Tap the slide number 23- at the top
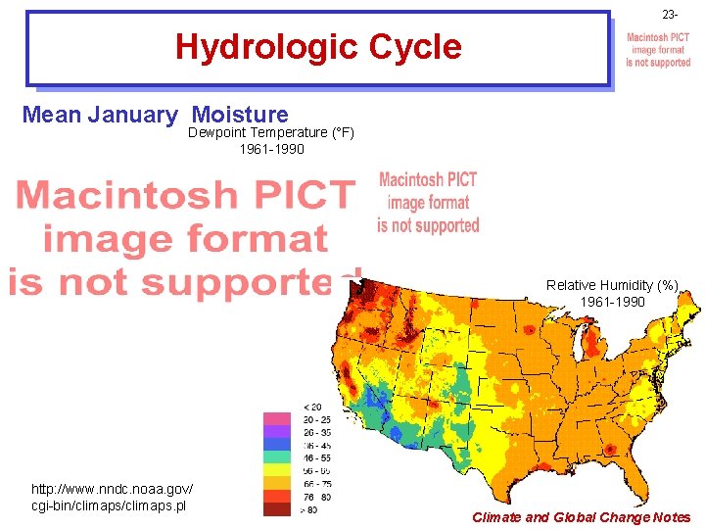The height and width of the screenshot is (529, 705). [x=670, y=15]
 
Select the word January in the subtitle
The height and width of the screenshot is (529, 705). [x=132, y=115]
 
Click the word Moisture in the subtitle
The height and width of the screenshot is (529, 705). [x=241, y=115]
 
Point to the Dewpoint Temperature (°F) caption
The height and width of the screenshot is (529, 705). [x=271, y=132]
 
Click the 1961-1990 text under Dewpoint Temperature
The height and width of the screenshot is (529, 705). [x=271, y=149]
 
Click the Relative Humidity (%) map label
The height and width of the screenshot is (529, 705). [x=612, y=285]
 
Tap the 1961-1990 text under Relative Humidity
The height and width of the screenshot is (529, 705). [x=612, y=302]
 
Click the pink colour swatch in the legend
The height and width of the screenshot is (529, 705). [x=277, y=418]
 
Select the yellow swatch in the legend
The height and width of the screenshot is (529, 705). [x=277, y=469]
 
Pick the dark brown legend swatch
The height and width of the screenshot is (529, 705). [x=277, y=508]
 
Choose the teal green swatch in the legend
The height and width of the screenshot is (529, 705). [x=277, y=457]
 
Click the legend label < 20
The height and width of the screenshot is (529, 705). [x=311, y=407]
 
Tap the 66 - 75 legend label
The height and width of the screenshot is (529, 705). [x=317, y=483]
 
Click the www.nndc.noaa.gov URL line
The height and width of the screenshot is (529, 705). [x=113, y=488]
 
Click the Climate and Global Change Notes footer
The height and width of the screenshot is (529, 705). [x=581, y=517]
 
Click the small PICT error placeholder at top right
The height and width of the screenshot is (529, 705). [x=658, y=50]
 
